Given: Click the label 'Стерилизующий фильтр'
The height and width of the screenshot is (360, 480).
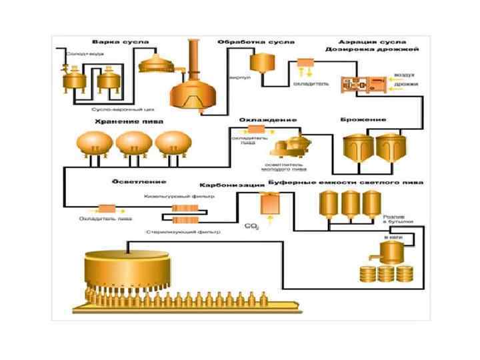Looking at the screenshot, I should click(183, 232).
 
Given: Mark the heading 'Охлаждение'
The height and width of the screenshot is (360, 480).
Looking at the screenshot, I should click(267, 120).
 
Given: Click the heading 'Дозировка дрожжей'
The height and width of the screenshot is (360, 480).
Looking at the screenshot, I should click(371, 50).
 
